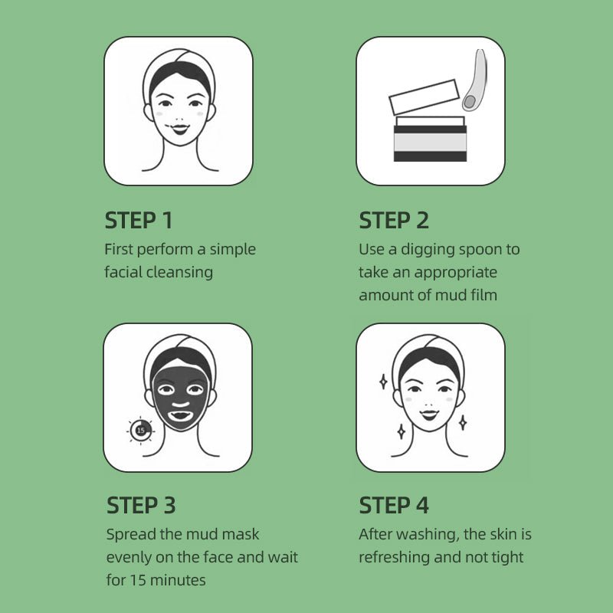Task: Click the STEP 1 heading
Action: pyautogui.click(x=139, y=220)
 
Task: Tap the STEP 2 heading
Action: pyautogui.click(x=394, y=220)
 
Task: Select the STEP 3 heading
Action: pyautogui.click(x=141, y=505)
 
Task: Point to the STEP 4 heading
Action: pyautogui.click(x=394, y=505)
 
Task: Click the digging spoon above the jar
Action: pyautogui.click(x=475, y=80)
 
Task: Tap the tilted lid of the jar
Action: pyautogui.click(x=425, y=97)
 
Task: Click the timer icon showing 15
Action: pyautogui.click(x=141, y=431)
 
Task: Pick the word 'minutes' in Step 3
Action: pyautogui.click(x=178, y=580)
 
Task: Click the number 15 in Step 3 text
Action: pyautogui.click(x=138, y=580)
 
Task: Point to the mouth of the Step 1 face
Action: pyautogui.click(x=180, y=129)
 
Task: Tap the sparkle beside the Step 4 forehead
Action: pyautogui.click(x=384, y=382)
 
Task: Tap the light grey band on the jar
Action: pyautogui.click(x=430, y=143)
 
